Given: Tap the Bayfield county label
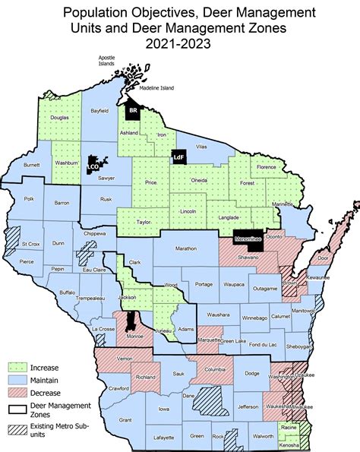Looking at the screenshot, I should click(x=101, y=111).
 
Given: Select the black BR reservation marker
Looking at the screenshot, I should click(x=133, y=110).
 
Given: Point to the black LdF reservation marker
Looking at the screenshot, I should click(x=179, y=156).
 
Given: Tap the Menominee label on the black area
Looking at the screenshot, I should click(x=248, y=217).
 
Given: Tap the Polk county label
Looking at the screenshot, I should click(x=30, y=199).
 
